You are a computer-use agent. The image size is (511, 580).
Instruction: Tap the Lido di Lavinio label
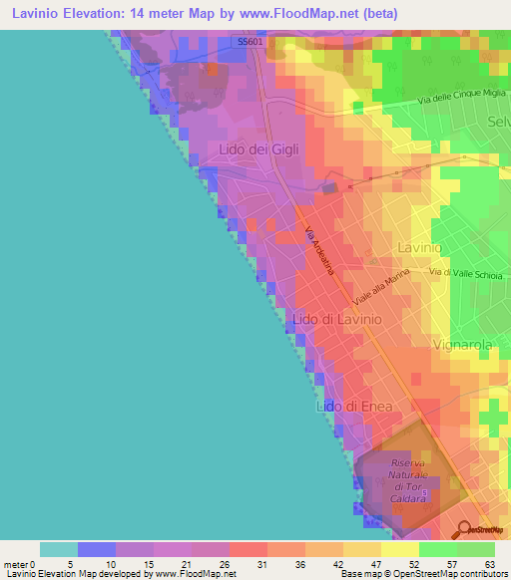click(x=333, y=318)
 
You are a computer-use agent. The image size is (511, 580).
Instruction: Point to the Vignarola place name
click(x=463, y=345)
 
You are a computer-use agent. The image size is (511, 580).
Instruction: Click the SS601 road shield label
click(x=250, y=41)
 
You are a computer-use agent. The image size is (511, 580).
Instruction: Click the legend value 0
click(x=41, y=564)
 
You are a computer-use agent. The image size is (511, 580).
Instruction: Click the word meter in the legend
click(x=16, y=564)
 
